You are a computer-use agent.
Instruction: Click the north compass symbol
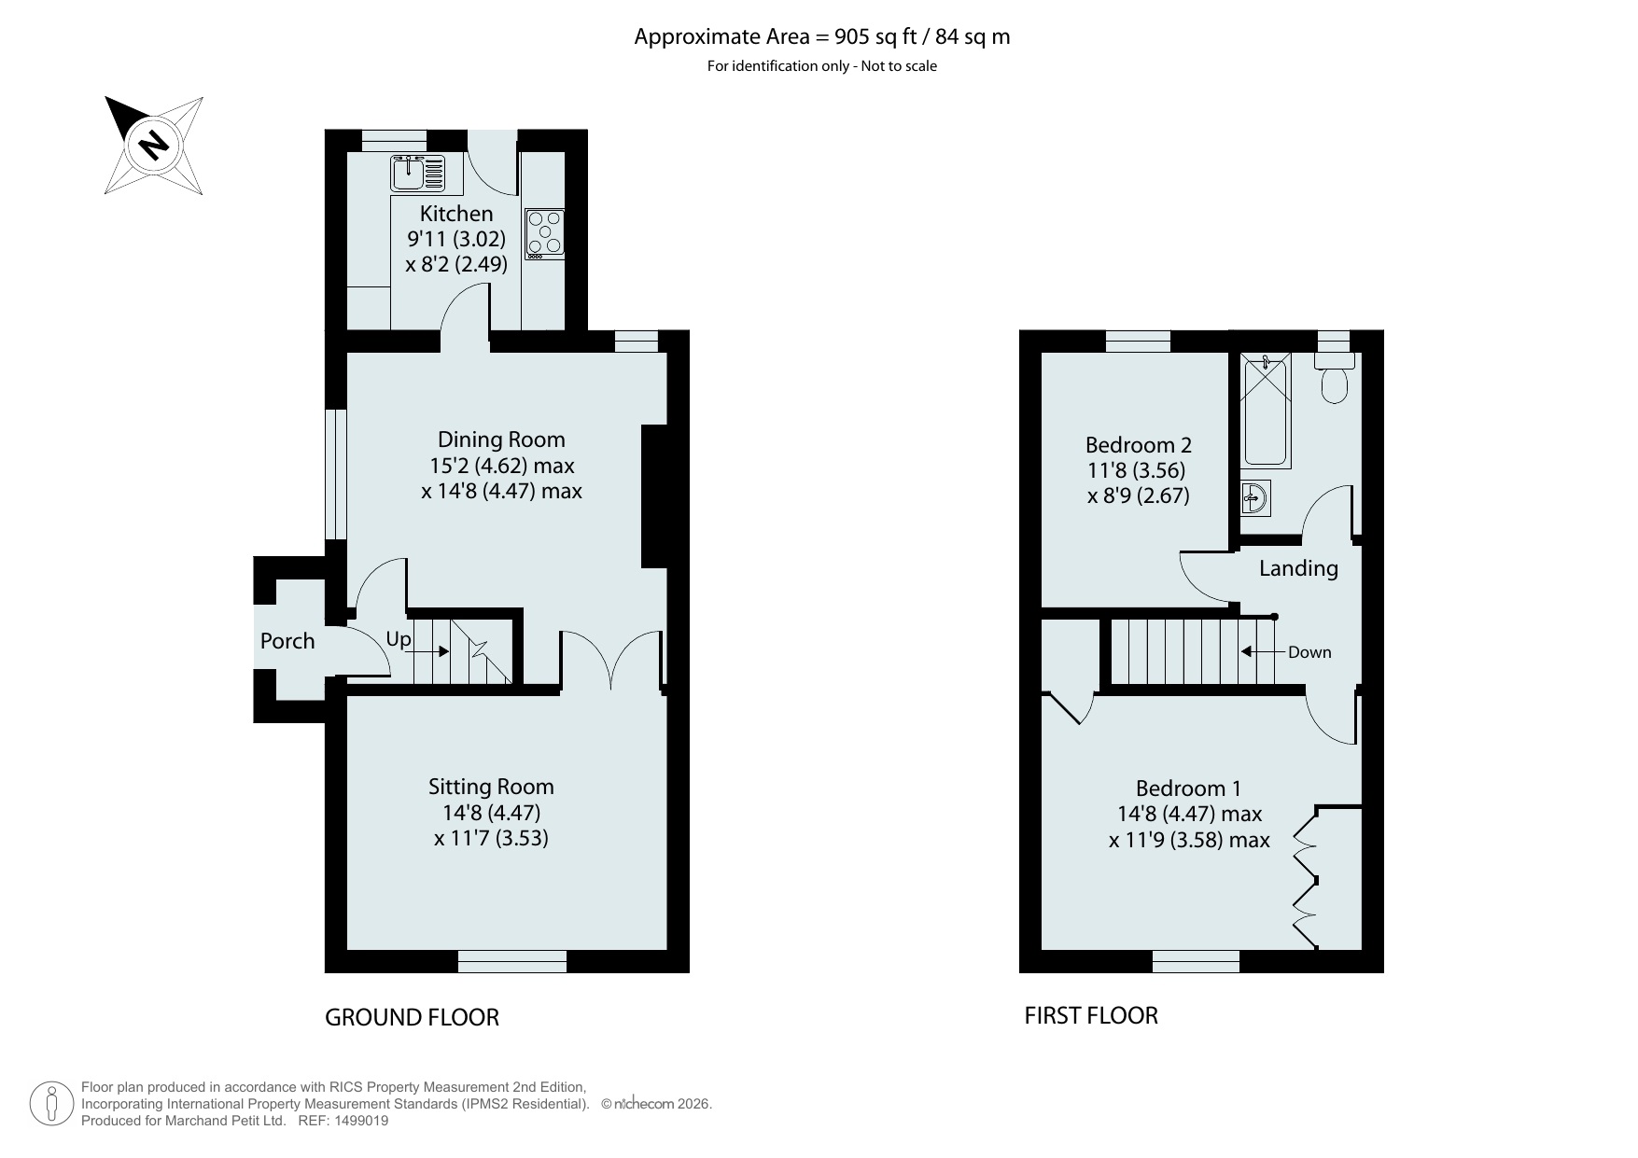click(154, 145)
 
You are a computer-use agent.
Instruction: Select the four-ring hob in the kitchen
click(544, 232)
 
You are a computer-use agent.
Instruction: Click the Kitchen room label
click(456, 214)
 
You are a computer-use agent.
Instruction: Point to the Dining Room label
click(501, 439)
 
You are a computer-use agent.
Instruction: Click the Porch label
click(287, 641)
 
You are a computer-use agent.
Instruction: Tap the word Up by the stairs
click(399, 639)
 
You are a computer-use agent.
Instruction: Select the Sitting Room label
click(491, 787)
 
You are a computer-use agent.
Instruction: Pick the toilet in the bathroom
click(1335, 379)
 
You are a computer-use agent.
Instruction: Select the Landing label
click(1298, 568)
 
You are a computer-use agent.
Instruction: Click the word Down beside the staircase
click(1309, 652)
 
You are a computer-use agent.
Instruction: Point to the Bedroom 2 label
click(1139, 445)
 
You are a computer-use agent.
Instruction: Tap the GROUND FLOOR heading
click(412, 1017)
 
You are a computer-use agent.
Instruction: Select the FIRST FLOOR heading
click(1091, 1015)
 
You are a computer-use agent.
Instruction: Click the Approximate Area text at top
click(822, 37)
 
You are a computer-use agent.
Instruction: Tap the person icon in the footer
click(52, 1104)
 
